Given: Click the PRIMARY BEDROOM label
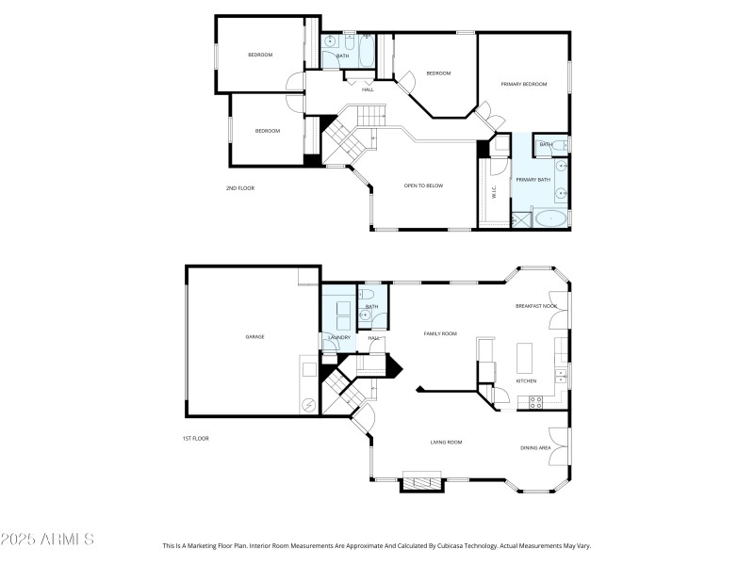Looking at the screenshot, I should coord(523,85).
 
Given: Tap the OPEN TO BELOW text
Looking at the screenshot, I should coord(423,186).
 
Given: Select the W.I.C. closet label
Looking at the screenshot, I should coord(494,193).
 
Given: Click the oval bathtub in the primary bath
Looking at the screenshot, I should coord(550,219).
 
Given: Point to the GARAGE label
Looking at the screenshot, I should coord(254,336).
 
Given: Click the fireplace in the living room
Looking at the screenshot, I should coord(421,481).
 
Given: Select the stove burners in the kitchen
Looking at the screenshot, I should coord(535,402).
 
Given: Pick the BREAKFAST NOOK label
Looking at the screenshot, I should coord(535,306).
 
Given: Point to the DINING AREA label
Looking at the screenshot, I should coord(535,447).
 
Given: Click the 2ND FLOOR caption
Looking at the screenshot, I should coord(239,188).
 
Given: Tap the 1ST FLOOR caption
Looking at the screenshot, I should coord(196,439).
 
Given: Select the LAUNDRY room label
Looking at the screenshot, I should coord(338,337).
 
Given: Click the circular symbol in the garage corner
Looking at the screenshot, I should coord(308,406).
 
